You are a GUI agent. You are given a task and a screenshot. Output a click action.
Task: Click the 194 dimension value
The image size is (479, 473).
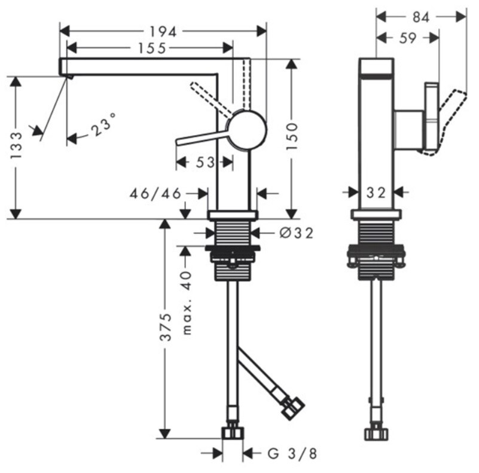tap(163, 32)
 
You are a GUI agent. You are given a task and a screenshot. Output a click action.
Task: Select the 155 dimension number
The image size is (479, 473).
tap(152, 48)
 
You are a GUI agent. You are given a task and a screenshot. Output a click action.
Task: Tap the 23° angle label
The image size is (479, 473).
tap(103, 124)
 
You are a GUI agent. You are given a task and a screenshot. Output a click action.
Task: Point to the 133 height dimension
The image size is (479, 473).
tap(16, 145)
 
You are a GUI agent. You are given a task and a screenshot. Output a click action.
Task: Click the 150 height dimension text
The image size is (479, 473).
tap(292, 136)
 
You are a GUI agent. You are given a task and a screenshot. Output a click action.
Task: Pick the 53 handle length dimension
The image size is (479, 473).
tap(205, 162)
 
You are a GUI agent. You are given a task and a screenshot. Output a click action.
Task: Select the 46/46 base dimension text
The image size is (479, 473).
tap(155, 193)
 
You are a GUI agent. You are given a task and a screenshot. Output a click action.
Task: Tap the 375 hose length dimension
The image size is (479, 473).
tap(166, 327)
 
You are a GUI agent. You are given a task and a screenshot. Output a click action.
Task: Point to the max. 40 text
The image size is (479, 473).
tap(187, 303)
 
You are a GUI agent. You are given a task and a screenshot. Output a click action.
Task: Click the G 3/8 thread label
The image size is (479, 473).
tap(292, 454)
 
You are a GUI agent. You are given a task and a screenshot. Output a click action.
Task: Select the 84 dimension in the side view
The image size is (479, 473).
tap(421, 17)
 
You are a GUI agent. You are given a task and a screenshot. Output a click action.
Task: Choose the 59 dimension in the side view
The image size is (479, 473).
tap(408, 38)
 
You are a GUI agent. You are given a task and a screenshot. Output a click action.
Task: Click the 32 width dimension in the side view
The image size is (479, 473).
tap(376, 193)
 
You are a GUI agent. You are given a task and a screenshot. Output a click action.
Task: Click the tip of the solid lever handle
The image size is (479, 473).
tap(177, 142)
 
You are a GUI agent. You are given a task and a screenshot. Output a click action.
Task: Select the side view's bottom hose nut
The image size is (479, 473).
tap(376, 434)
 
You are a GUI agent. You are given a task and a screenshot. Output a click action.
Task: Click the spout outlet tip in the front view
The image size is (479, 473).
tap(69, 77)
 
